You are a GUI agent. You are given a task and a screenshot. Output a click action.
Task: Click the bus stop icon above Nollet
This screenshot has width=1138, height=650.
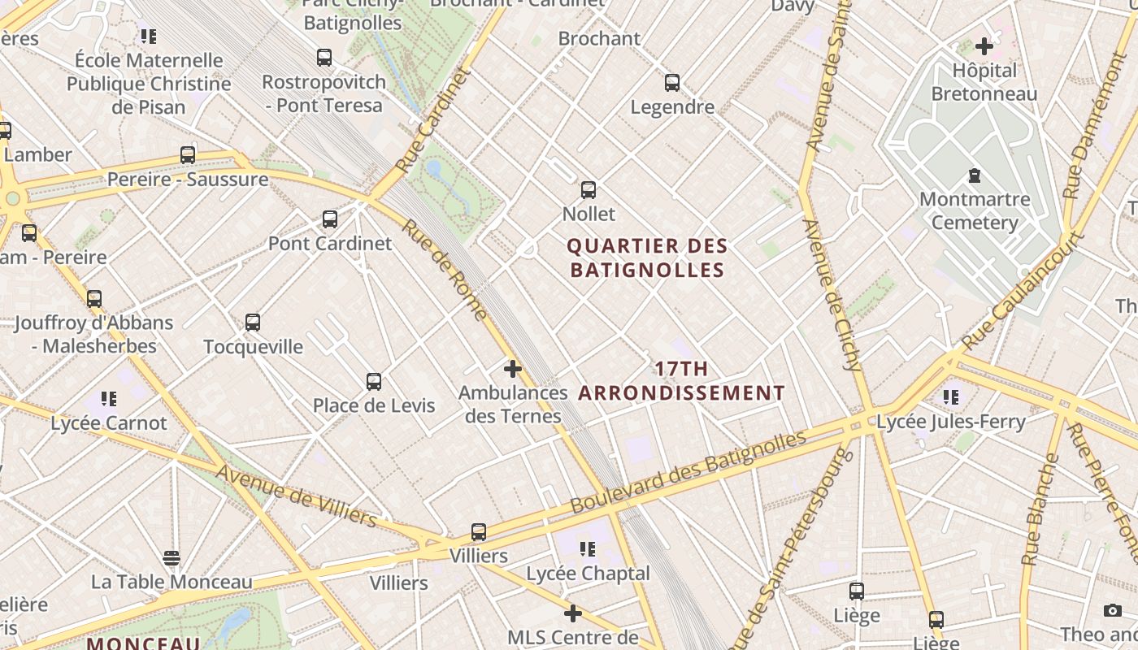[x=589, y=190]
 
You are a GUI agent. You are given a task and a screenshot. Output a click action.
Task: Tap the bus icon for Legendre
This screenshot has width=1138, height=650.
[x=672, y=82]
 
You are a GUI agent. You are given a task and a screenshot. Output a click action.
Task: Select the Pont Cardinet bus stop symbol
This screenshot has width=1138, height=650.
[x=330, y=219]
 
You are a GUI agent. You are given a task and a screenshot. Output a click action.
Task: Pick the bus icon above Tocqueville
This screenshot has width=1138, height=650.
[x=253, y=323]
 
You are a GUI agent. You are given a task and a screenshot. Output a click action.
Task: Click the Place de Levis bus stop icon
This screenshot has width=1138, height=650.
[x=374, y=381]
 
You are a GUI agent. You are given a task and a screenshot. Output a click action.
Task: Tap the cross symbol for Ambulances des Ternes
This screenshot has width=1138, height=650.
[x=513, y=369]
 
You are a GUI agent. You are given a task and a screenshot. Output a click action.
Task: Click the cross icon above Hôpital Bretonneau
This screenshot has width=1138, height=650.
[x=984, y=46]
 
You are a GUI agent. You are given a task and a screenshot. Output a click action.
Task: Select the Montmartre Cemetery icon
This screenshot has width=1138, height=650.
[x=974, y=175]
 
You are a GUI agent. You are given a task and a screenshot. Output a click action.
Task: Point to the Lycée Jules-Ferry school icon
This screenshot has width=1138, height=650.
[x=951, y=397]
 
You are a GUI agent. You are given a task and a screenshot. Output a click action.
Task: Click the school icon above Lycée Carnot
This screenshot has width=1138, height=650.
[x=109, y=398]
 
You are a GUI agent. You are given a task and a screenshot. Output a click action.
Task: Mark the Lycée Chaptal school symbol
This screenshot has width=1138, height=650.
[x=588, y=549]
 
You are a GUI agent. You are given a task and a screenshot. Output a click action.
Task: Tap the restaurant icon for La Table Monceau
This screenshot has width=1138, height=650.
[x=172, y=558]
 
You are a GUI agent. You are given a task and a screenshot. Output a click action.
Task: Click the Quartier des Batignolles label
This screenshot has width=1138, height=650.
[x=647, y=258]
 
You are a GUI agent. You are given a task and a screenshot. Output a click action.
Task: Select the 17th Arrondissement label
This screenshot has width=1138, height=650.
[x=681, y=381]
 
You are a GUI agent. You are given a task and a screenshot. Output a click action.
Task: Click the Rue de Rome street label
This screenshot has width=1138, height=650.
[x=446, y=270]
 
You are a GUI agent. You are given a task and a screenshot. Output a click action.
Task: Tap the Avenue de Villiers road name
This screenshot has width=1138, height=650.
[x=297, y=495]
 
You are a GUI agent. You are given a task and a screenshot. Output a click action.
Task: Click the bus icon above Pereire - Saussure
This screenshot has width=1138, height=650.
[x=188, y=154]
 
